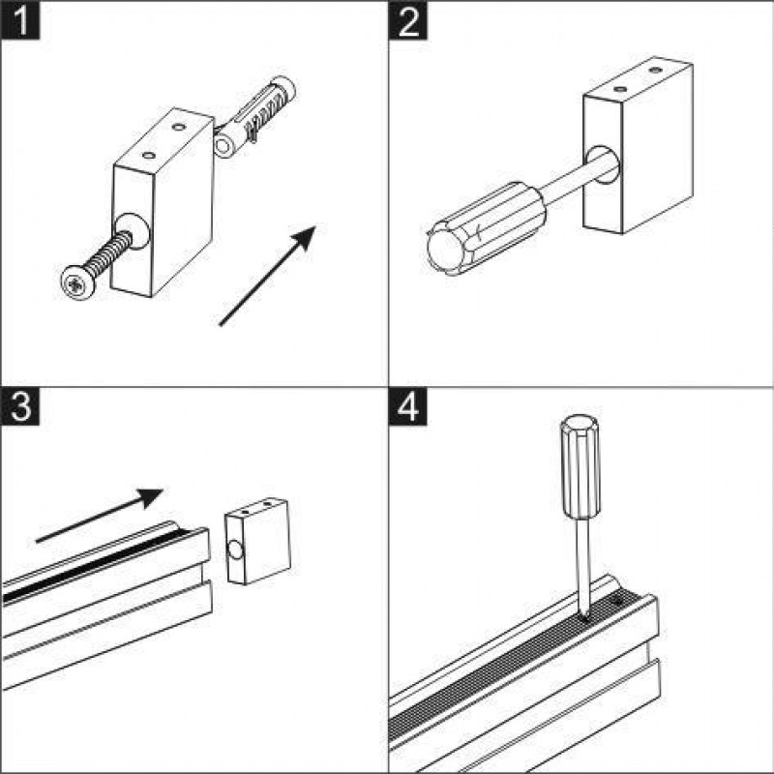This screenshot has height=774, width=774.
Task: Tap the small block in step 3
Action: tap(257, 546)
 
